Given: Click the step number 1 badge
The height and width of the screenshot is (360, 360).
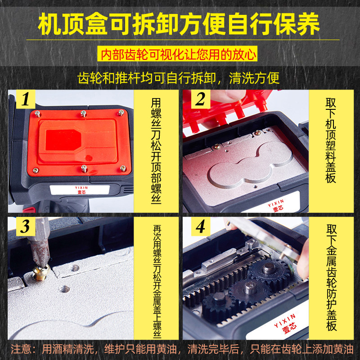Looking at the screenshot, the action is coord(26,99).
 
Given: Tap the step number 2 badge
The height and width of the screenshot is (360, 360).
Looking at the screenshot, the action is coord(200,99).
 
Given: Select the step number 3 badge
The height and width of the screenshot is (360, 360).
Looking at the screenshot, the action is coord(26,226).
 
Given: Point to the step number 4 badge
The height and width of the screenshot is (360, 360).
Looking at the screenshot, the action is coord(200,226).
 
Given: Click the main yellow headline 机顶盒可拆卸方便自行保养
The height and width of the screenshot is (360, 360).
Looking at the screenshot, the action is coord(179,24).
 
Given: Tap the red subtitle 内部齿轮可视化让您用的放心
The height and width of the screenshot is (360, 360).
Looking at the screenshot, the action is coord(178,54).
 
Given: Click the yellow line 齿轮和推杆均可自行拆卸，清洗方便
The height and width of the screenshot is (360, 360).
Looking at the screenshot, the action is coord(178,78).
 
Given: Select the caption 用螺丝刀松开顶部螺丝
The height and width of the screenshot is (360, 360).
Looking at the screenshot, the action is coord(156,151).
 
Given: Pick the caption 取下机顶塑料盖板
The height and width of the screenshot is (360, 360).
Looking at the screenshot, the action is coord(331,140).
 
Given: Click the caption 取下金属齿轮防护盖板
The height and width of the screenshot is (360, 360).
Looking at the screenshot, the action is coord(331,278).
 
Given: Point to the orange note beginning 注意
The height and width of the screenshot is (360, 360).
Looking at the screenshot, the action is coord(182,349).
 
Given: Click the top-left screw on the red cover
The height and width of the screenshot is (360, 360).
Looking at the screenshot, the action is coord(37,113).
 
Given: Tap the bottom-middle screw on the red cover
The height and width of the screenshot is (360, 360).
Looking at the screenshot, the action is coord(84,169).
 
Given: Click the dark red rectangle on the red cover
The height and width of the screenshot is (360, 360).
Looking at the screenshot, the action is coord(63,140).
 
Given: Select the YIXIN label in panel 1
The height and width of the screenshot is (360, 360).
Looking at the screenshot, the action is coord(81,190).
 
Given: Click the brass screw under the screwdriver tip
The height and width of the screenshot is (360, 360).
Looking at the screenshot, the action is coord(41,273).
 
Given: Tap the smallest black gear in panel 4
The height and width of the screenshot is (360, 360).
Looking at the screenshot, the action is coord(217,302).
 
